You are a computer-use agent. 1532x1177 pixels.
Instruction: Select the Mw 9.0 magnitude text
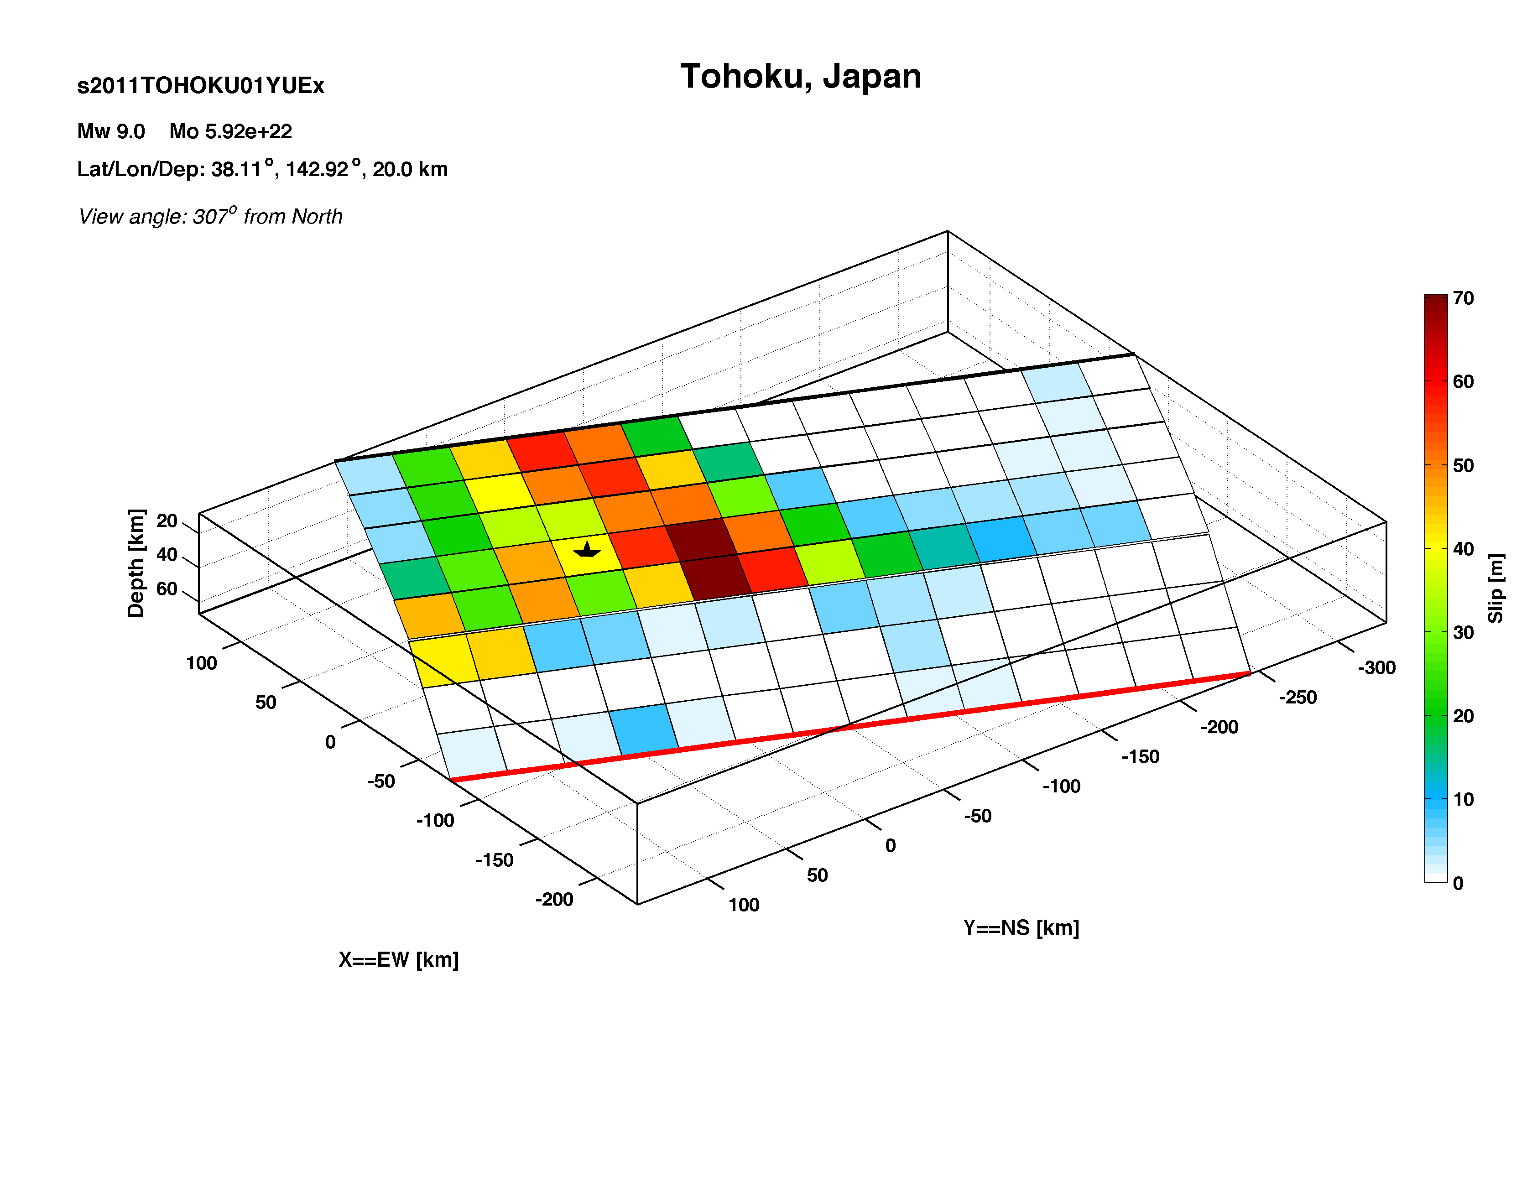coord(111,131)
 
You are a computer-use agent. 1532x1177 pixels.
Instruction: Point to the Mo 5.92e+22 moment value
coord(230,131)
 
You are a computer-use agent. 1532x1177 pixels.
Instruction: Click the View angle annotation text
coord(210,216)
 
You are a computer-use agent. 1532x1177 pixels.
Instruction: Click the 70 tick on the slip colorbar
coord(1463,298)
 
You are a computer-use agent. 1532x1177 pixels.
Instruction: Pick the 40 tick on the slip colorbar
coord(1463,549)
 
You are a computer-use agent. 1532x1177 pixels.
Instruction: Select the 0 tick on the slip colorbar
coord(1458,884)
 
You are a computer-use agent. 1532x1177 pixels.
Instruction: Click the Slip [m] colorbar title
coord(1495,588)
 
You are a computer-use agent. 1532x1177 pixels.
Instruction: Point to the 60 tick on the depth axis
coord(167,588)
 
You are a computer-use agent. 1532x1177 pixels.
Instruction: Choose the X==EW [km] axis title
coord(399,960)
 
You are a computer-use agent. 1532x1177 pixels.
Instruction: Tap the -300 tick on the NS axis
coord(1376,668)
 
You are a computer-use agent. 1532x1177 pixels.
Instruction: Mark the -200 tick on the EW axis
coord(554,900)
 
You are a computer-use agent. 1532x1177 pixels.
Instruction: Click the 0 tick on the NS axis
coord(891,846)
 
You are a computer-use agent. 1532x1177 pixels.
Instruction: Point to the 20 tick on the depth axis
coord(167,521)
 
